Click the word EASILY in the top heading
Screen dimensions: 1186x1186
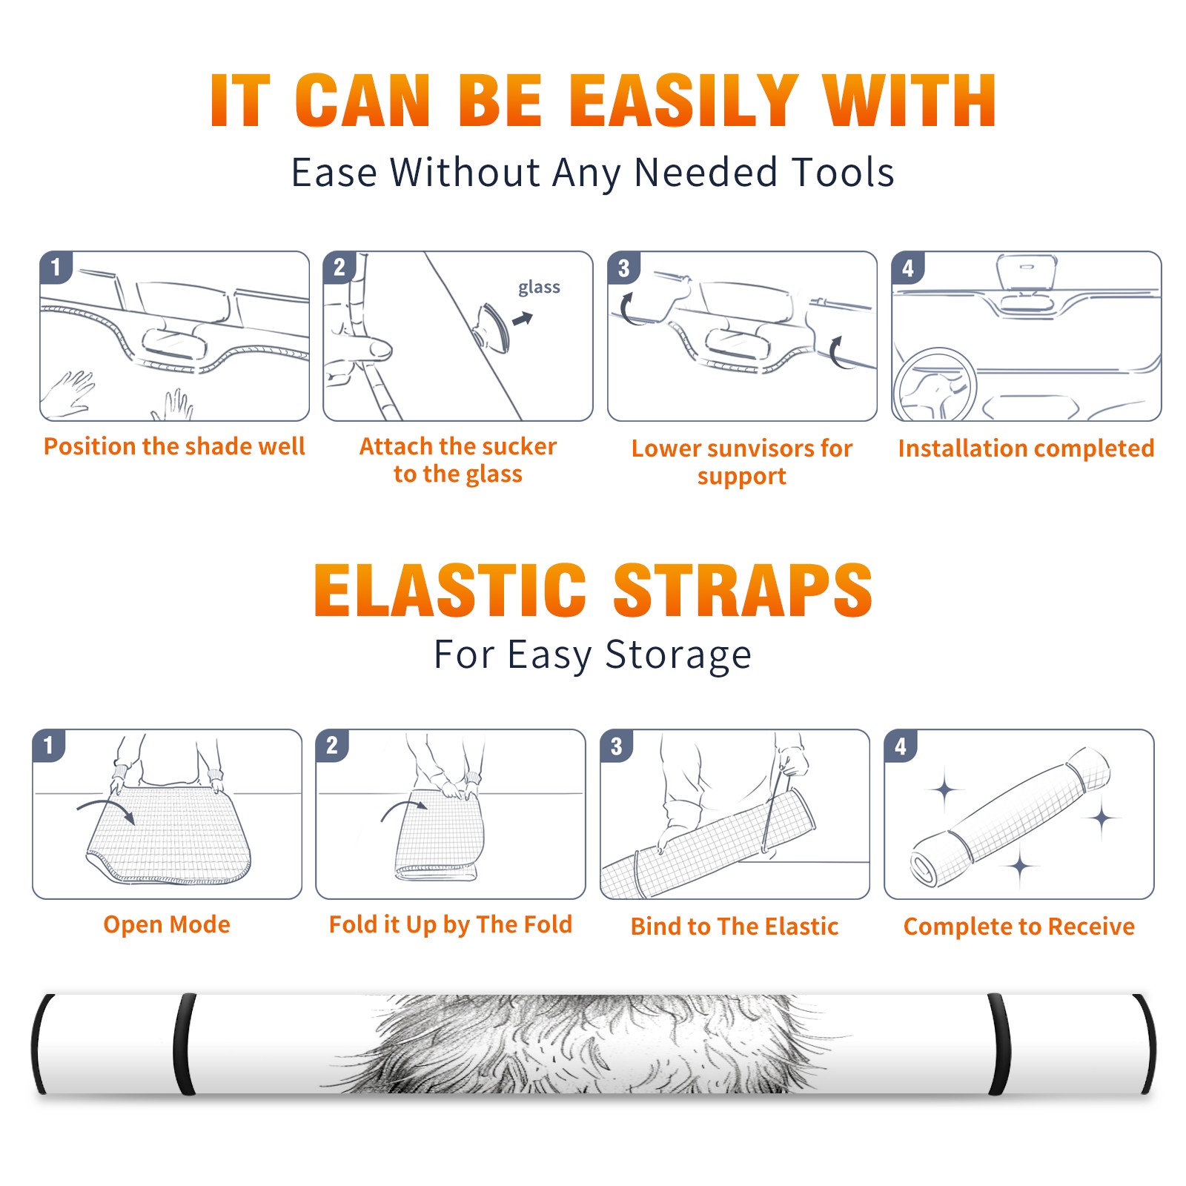point(683,100)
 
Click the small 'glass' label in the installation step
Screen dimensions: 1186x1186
point(539,288)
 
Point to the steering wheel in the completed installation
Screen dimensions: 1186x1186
point(935,384)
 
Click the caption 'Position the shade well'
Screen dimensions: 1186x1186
point(174,446)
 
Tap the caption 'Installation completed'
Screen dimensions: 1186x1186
point(1026,448)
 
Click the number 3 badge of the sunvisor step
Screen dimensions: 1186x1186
point(623,268)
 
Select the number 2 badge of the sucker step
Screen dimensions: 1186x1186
point(339,267)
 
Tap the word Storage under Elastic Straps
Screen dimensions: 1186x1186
point(678,655)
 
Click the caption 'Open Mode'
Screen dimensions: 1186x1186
point(167,924)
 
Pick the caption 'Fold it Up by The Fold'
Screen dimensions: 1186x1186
point(451,924)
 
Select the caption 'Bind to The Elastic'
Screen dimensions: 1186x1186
point(735,927)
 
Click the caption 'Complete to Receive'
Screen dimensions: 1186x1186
point(1019,927)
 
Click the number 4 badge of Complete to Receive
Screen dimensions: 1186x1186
point(901,746)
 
